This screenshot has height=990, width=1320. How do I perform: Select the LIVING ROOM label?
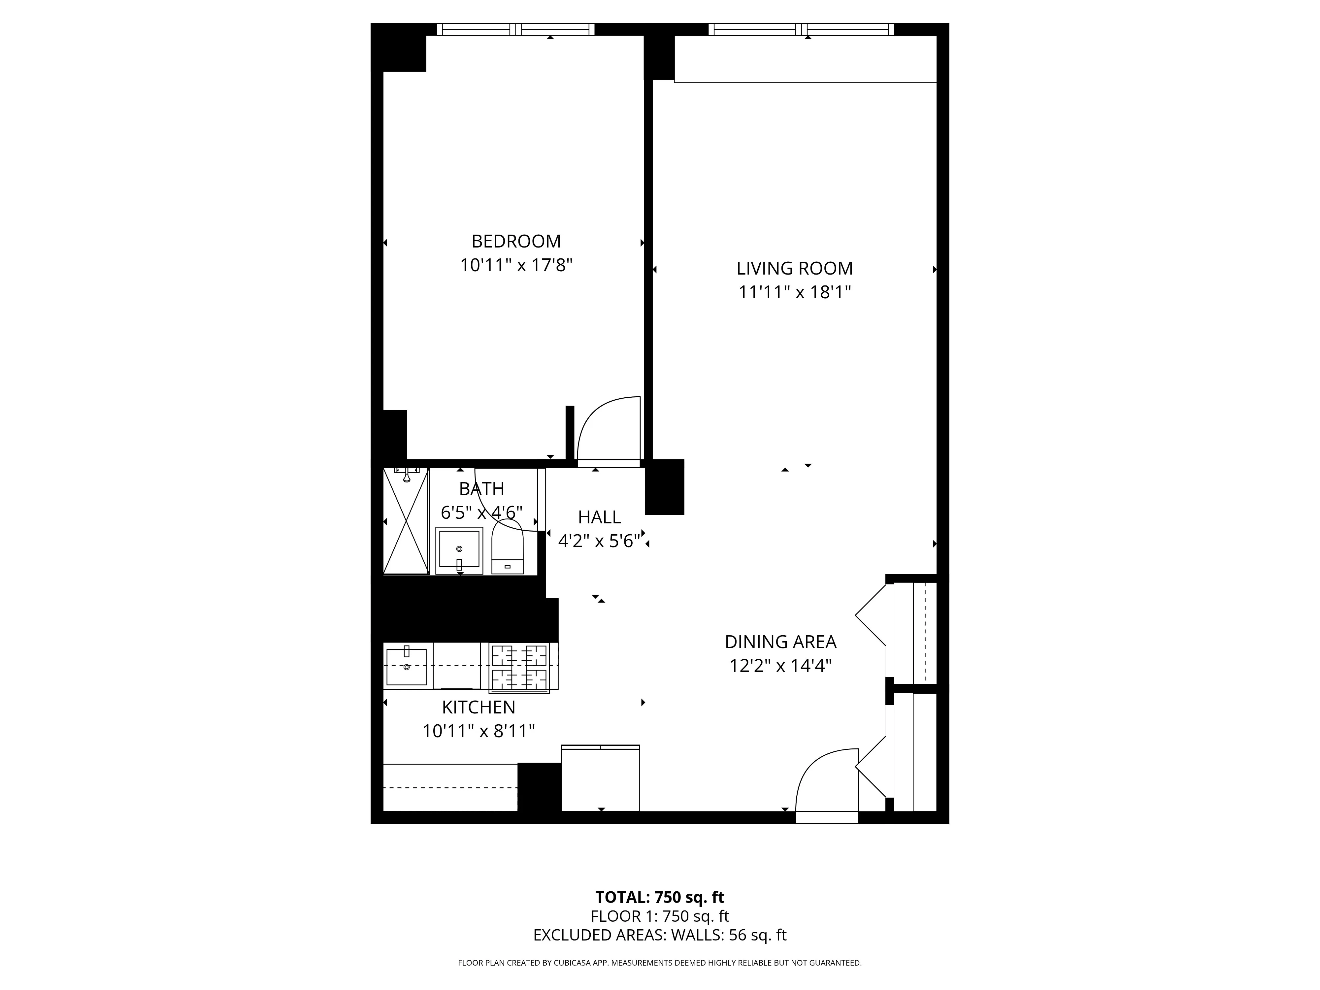click(x=794, y=269)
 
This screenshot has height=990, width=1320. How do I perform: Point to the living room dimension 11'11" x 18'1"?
click(x=794, y=292)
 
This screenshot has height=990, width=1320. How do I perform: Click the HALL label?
click(x=599, y=517)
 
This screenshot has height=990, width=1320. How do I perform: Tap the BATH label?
click(x=481, y=489)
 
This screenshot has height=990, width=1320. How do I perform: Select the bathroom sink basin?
click(x=459, y=549)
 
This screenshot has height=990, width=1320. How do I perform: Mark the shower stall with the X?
click(x=406, y=521)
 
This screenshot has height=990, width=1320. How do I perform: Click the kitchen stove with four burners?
click(x=519, y=667)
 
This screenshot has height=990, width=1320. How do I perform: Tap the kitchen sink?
click(x=406, y=667)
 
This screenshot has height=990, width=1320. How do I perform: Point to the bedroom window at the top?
click(x=515, y=29)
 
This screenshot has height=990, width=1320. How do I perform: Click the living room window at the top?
click(x=801, y=29)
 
